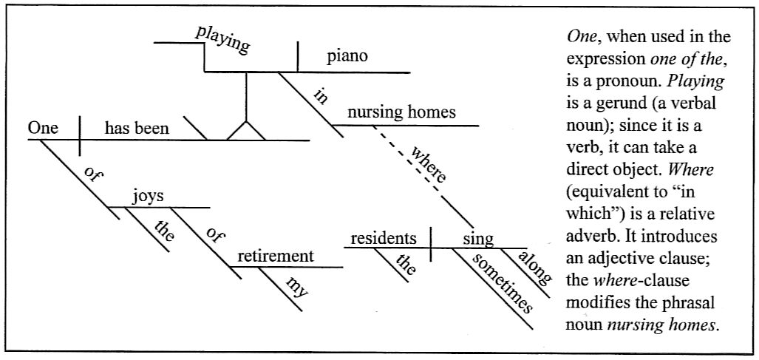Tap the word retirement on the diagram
coord(275,257)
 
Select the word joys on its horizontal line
coord(148,197)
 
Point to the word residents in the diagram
coord(383,239)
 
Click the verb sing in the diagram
coord(478,239)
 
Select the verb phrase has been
coord(137,129)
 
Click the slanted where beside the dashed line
coord(429,166)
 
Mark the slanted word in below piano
coord(320,95)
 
